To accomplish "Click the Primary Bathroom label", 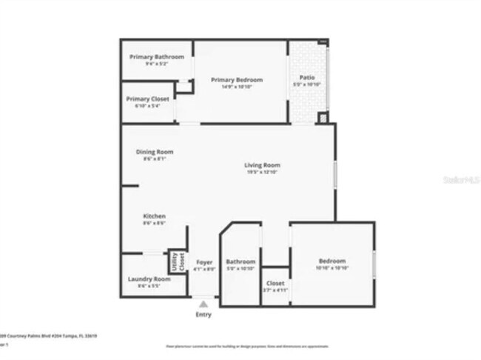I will point(156,57).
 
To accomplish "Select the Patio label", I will point(307,77).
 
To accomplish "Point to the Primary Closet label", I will point(147,99).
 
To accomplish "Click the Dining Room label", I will point(155,152).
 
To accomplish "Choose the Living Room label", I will point(263,165).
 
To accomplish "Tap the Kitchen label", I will point(154,216).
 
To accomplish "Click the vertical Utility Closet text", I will point(178,261).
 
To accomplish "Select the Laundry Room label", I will point(149,279).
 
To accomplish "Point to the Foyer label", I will point(203,262).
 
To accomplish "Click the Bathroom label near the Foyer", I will point(240,261).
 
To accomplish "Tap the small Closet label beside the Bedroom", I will point(275,283).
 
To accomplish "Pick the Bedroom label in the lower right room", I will point(332,261).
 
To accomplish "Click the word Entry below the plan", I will point(203,315).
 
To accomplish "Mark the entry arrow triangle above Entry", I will point(203,304).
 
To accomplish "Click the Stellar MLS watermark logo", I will point(460,179).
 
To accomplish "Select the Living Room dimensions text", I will point(263,172).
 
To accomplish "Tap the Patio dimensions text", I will point(307,84).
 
